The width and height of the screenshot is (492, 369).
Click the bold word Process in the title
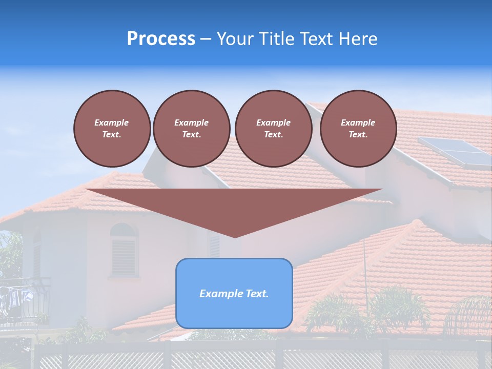point(161,39)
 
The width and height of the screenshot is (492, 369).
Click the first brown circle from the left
point(112,129)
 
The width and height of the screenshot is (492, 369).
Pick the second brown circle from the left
point(192,129)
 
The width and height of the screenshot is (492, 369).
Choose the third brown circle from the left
point(274,129)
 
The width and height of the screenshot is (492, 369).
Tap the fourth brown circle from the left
point(358,129)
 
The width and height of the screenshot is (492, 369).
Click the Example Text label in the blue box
point(234,294)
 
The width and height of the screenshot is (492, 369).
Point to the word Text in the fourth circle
point(358,134)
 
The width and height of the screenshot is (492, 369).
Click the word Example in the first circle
point(112,122)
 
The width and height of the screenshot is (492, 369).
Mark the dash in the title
point(206,39)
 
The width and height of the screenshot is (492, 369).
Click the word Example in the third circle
point(274,122)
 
